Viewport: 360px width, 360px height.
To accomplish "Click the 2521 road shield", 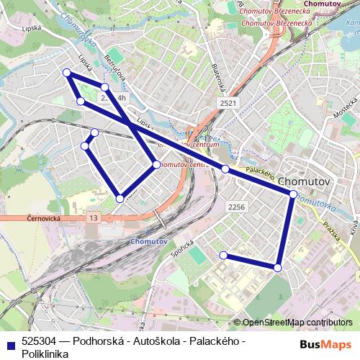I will coord(228,104).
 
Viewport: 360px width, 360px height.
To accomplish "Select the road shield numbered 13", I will coord(93,217).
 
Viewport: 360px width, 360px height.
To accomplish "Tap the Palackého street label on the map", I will coord(261,174).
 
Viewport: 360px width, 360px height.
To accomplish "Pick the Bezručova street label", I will coord(116,68).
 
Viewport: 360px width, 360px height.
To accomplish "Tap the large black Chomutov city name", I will coord(303,181).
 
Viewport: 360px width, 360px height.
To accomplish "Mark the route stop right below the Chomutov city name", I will coord(292,194).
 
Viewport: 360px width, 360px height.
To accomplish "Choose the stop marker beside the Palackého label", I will coord(225,169).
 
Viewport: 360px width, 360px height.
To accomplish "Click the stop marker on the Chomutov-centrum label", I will coord(156,165).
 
